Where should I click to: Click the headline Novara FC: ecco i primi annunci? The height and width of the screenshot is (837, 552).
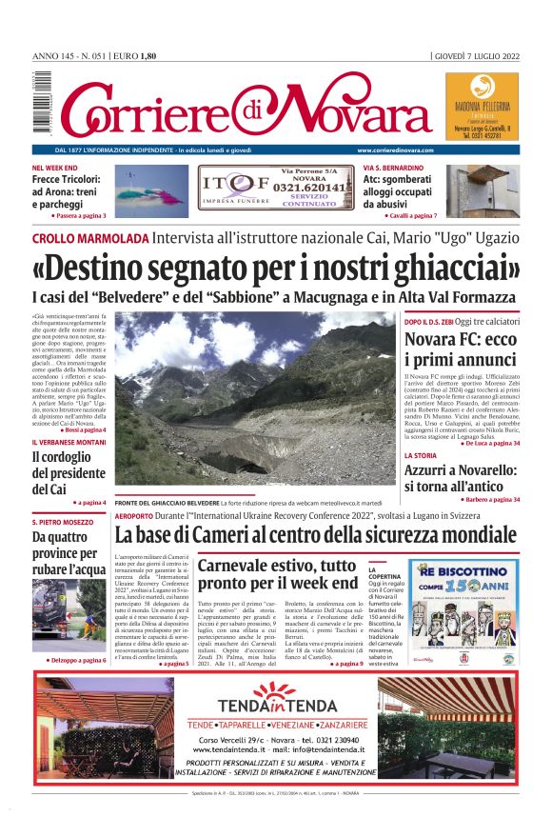(461, 349)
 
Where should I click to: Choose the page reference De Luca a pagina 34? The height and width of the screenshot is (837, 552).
(491, 444)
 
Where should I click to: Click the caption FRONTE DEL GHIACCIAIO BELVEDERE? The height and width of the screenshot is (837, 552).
(167, 502)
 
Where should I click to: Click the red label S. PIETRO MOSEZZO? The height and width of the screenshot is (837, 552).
(63, 522)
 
